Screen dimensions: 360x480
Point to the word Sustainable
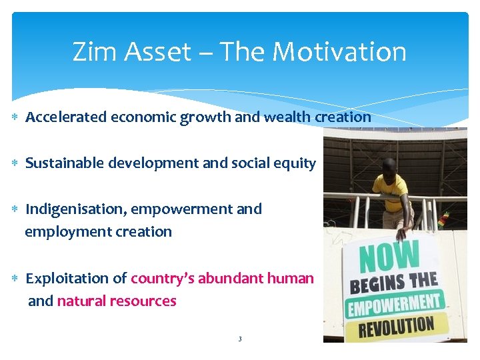[x=63, y=163]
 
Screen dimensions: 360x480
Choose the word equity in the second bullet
[x=295, y=163]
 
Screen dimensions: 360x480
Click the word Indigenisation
[x=76, y=209]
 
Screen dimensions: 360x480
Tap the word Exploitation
[x=67, y=278]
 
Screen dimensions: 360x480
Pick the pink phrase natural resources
[x=117, y=301]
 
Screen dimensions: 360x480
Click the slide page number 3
[x=240, y=339]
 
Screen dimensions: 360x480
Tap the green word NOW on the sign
[x=390, y=257]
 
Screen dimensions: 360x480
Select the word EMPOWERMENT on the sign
[x=395, y=305]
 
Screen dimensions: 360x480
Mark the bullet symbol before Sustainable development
[x=16, y=163]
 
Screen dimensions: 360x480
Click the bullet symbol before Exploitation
[x=16, y=278]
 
